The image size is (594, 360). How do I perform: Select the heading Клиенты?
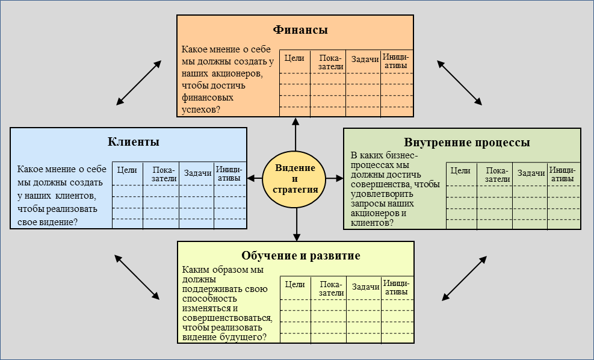[x=134, y=142]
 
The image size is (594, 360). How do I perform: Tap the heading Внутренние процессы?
[x=467, y=143]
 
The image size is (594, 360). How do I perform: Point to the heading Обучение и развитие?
[x=300, y=255]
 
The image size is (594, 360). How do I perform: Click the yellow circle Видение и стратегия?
[x=295, y=178]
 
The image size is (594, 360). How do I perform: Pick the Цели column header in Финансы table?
[x=294, y=58]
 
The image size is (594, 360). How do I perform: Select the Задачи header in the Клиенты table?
[x=197, y=173]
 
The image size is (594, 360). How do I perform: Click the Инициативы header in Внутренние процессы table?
[x=563, y=175]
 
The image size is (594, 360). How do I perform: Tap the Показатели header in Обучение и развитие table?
[x=331, y=288]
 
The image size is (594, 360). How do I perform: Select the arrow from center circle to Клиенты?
[x=255, y=178]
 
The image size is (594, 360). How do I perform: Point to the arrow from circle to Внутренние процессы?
[x=335, y=178]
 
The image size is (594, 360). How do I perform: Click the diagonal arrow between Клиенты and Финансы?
[x=139, y=82]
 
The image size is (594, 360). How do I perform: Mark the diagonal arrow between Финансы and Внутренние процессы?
[x=459, y=82]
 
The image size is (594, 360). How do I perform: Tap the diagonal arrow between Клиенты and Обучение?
[x=137, y=276]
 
